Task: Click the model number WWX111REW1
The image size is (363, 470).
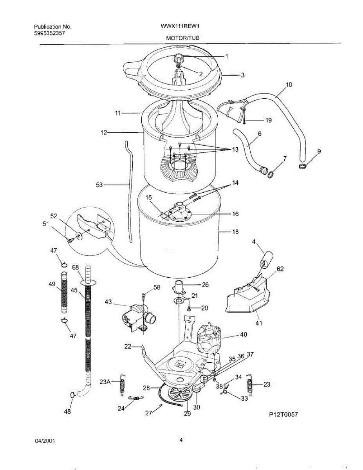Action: [175, 27]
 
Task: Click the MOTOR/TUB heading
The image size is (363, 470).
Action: [180, 38]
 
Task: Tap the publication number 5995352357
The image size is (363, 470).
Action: [49, 33]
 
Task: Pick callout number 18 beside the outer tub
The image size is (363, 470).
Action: [235, 232]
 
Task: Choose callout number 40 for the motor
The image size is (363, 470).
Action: [244, 335]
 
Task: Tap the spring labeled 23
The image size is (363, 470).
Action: [249, 385]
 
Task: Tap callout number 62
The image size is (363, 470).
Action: [280, 269]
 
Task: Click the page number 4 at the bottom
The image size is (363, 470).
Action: [181, 440]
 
